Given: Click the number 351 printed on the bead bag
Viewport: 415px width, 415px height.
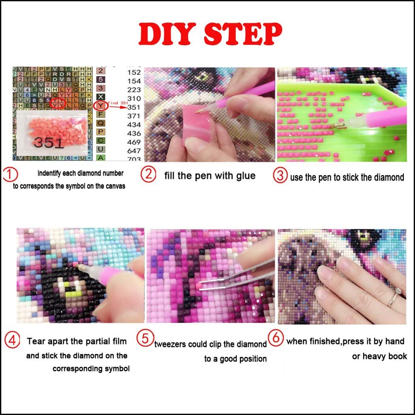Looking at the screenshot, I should point(48,143).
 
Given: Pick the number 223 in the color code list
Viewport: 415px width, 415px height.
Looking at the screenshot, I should point(134,90).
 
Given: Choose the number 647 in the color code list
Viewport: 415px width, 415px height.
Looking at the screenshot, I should point(134,150).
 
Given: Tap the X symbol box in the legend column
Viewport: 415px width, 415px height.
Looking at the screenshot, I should point(100,97).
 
